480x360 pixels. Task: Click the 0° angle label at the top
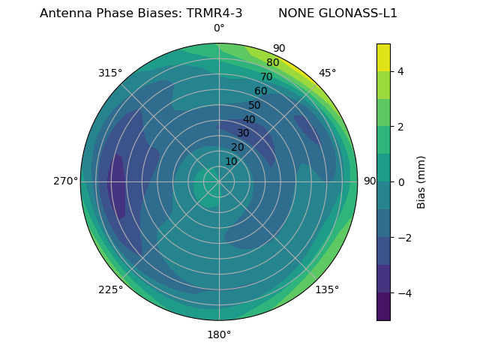click(x=219, y=28)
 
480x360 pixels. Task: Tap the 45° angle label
click(x=327, y=73)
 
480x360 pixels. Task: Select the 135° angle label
click(x=327, y=289)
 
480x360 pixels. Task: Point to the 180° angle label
click(x=219, y=334)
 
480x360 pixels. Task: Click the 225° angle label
click(x=110, y=290)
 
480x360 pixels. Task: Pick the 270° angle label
click(x=65, y=181)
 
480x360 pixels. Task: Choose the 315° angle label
click(x=110, y=73)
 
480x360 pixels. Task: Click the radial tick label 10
click(x=231, y=161)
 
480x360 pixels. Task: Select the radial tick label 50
click(x=254, y=105)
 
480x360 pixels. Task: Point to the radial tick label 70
click(x=266, y=76)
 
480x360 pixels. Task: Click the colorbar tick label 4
click(x=401, y=71)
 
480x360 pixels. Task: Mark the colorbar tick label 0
click(x=401, y=181)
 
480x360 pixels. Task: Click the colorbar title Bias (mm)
click(x=421, y=181)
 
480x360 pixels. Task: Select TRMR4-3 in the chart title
click(x=214, y=13)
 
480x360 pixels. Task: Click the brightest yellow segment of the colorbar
click(x=383, y=58)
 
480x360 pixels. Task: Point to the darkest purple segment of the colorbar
click(x=383, y=306)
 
